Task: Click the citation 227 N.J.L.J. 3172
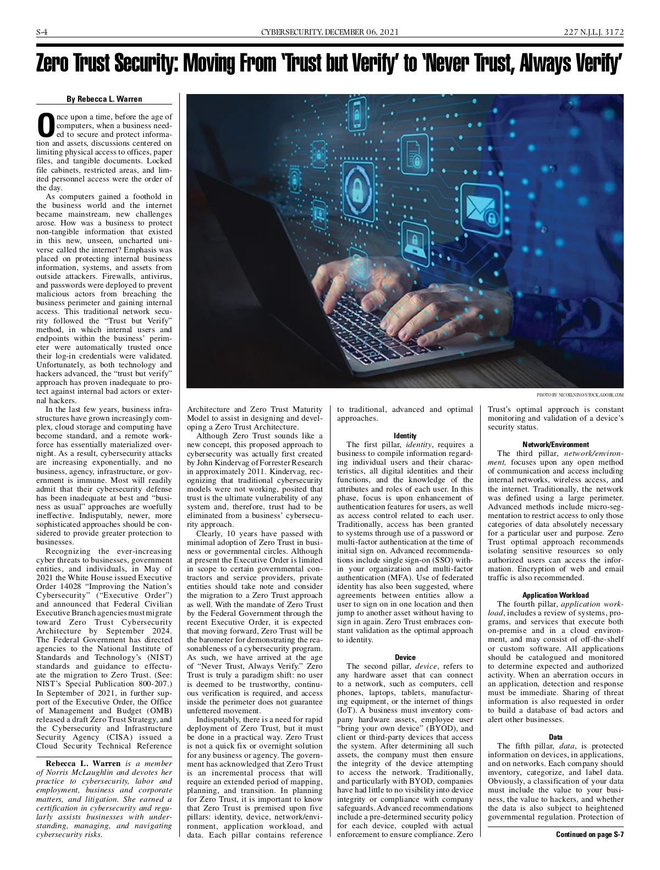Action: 593,32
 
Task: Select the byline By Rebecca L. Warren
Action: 104,99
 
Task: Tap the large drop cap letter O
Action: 46,125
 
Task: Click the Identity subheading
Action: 405,436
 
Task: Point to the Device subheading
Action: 405,657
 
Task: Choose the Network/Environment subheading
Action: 555,444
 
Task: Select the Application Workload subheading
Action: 555,595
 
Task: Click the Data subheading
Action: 555,737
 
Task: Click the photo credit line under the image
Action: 580,395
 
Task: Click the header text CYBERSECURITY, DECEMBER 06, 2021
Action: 329,32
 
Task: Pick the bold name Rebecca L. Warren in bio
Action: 83,763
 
